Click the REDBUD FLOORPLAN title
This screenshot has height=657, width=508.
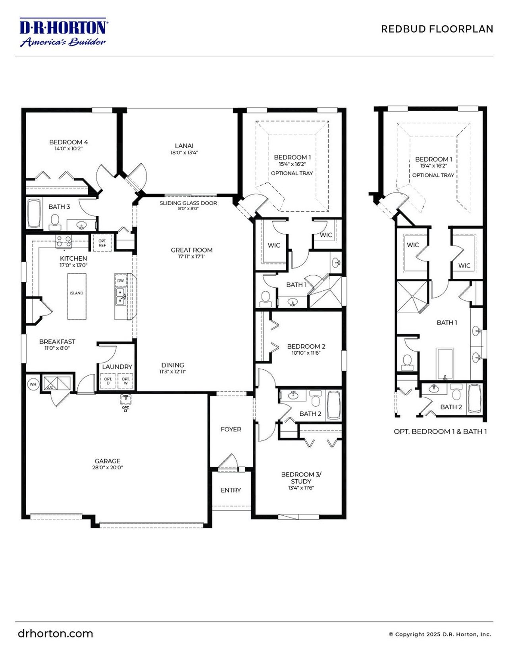(x=437, y=29)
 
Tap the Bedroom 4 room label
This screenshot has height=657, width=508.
(x=68, y=142)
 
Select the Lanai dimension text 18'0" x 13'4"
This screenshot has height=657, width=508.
(x=184, y=152)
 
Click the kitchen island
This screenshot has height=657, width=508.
(x=77, y=296)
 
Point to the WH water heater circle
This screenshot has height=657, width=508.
(x=33, y=384)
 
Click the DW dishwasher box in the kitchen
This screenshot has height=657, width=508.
(x=120, y=281)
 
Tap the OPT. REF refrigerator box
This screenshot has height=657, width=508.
(x=102, y=243)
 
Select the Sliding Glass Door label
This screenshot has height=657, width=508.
(x=188, y=203)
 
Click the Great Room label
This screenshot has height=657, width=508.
(x=192, y=250)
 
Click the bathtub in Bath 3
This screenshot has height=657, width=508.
(x=33, y=213)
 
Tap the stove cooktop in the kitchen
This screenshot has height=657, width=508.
(x=63, y=241)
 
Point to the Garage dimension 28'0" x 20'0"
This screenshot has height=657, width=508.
(x=107, y=467)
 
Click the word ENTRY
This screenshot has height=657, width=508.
(x=231, y=490)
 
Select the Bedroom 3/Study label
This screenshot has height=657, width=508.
(x=301, y=478)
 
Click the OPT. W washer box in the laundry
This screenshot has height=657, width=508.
(x=125, y=381)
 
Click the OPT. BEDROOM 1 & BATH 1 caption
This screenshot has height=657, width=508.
(x=440, y=431)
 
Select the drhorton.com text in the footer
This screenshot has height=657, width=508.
(x=55, y=633)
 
